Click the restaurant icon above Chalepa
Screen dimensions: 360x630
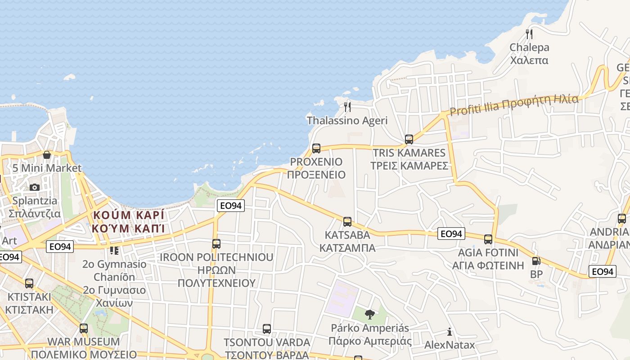tap(529, 34)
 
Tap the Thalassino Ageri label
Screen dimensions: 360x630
tap(347, 121)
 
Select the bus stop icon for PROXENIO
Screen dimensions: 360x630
tap(316, 148)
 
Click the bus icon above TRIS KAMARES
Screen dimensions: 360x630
tap(409, 139)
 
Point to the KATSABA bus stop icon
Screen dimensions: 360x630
tap(347, 221)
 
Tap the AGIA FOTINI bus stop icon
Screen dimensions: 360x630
tap(488, 239)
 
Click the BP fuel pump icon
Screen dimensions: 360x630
tap(536, 261)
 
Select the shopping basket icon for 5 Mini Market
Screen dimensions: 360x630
tap(47, 155)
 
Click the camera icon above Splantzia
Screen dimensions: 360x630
tap(35, 187)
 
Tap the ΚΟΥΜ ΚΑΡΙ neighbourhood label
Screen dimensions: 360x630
tap(128, 221)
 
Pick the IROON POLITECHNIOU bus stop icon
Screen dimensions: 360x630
tap(216, 244)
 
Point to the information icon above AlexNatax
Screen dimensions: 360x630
tap(449, 332)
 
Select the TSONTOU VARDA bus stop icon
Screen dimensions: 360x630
tap(267, 329)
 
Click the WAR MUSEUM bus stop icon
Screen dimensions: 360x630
tap(84, 328)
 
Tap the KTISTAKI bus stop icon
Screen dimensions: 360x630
tap(29, 283)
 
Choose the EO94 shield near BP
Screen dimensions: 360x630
tap(602, 271)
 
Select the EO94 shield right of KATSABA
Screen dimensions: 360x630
tap(451, 234)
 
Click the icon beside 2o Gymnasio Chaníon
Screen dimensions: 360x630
tap(114, 250)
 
